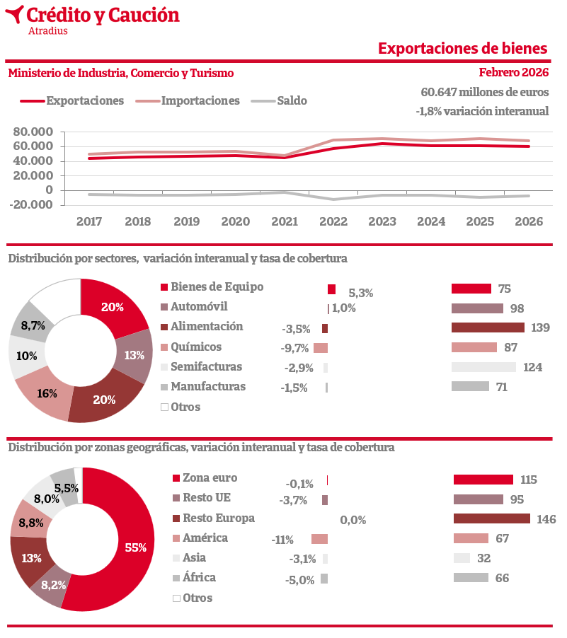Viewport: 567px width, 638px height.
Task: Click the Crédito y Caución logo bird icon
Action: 14,14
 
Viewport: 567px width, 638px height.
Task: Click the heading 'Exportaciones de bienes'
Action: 462,48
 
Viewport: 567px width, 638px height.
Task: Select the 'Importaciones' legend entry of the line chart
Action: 200,100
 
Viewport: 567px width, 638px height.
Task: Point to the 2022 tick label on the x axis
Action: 333,221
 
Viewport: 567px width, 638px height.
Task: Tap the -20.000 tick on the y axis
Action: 33,204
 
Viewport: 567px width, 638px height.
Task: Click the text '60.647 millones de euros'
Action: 484,93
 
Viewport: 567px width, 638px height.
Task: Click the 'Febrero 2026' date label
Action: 513,72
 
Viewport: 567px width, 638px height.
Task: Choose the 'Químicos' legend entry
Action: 196,347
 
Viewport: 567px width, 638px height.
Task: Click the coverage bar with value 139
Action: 488,327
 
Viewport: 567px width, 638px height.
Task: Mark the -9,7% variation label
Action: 295,348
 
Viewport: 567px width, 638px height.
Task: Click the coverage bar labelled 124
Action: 483,367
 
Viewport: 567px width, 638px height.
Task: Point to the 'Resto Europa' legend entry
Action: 218,518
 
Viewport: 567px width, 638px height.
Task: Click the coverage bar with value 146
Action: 491,518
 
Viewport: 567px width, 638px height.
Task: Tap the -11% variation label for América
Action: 282,540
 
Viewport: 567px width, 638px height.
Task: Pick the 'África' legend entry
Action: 199,577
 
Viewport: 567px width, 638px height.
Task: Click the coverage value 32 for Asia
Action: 483,558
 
